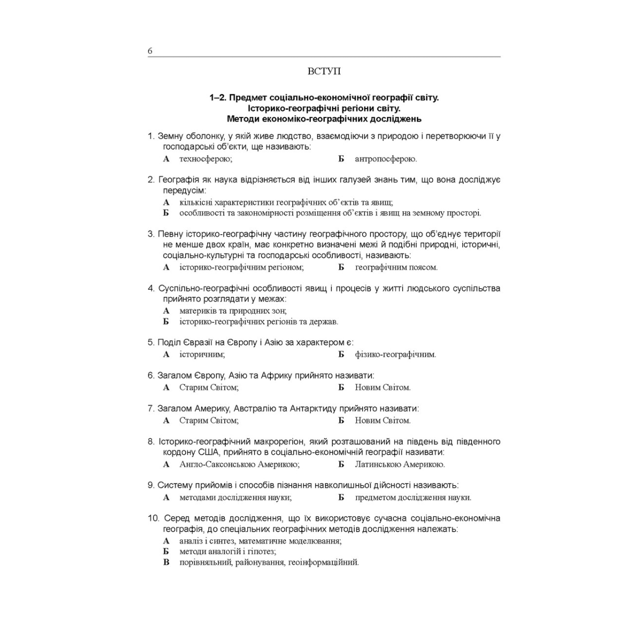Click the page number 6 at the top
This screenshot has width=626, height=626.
(x=150, y=51)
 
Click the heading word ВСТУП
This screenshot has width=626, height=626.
(x=324, y=71)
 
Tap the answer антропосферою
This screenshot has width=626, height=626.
(x=386, y=159)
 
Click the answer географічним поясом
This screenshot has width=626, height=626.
(x=396, y=267)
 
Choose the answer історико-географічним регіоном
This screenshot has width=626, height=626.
(x=242, y=267)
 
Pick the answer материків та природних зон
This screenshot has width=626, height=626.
(x=233, y=311)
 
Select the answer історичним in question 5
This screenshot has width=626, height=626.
(x=202, y=354)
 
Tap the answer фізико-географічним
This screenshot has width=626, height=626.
(x=395, y=354)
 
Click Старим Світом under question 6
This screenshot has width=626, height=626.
(x=209, y=388)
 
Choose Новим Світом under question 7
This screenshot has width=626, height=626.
(x=382, y=420)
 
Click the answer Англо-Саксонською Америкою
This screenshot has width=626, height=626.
(x=239, y=464)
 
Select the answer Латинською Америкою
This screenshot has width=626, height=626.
(x=400, y=464)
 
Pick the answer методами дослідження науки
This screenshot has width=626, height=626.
(x=235, y=497)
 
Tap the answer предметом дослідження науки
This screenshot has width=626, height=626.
(x=413, y=497)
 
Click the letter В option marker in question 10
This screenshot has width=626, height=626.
(x=166, y=562)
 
